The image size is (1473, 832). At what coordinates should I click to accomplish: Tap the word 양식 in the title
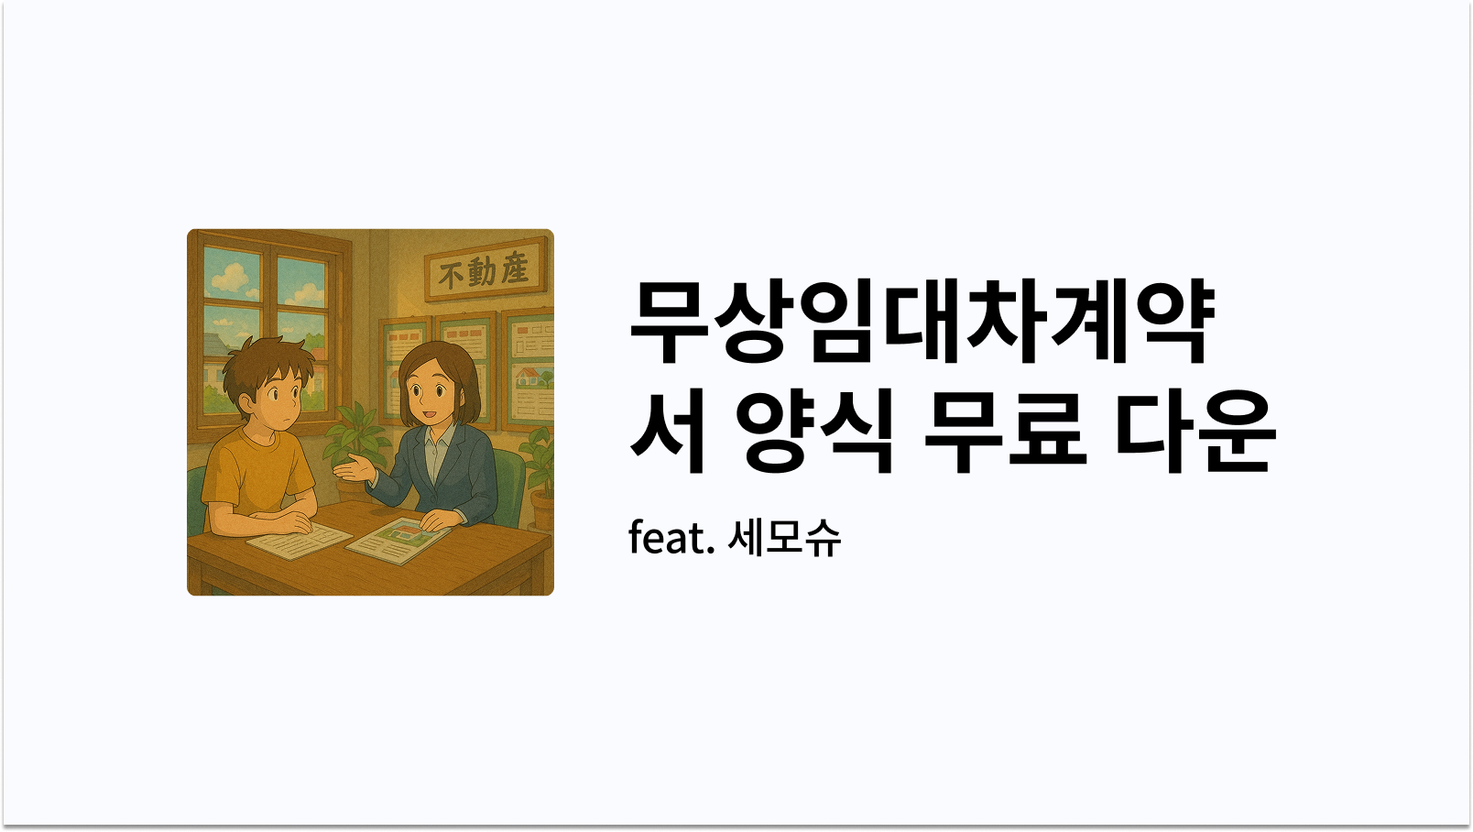[814, 431]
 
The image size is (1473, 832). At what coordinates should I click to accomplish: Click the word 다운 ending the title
[1195, 431]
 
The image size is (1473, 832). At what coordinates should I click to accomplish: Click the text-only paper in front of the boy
[299, 541]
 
